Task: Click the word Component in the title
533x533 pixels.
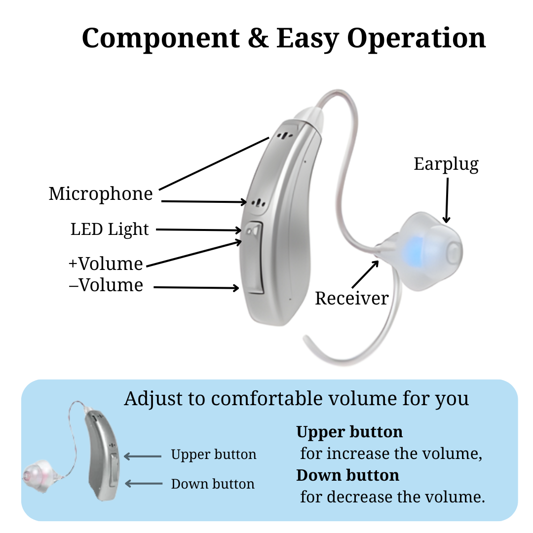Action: pos(160,38)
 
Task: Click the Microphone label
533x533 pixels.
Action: pos(101,193)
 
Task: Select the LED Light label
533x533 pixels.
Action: pos(110,229)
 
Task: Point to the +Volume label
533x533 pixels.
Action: pos(106,264)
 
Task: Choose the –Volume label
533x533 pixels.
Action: pos(106,285)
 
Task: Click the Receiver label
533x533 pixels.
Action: pos(351,298)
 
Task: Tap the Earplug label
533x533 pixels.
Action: pos(446,164)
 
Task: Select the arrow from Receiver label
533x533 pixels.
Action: pos(365,274)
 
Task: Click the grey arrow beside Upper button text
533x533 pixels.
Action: pos(143,457)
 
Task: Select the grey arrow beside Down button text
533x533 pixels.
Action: pos(143,484)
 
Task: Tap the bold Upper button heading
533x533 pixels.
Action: pos(349,432)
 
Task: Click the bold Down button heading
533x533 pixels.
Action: pos(347,475)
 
